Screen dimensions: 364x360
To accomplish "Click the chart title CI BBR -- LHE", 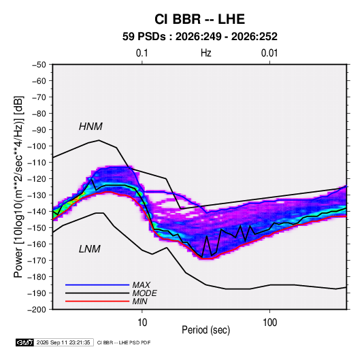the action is [199, 19].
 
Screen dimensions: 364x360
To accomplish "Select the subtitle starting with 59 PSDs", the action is [199, 37].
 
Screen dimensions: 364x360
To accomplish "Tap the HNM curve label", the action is [90, 127].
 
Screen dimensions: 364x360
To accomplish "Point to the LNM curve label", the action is [90, 249].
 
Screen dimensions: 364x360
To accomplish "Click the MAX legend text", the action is [141, 285].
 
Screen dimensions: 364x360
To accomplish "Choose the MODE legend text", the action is [144, 293].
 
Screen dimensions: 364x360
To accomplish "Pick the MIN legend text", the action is [139, 301].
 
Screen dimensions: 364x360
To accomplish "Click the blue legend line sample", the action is [97, 284].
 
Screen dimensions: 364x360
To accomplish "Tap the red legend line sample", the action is [97, 301].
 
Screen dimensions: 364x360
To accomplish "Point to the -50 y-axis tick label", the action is [39, 65].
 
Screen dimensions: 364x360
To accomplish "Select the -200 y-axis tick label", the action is [37, 310].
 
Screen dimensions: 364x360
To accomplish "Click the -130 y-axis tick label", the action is [37, 195].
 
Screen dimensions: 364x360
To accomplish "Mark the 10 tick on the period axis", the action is [142, 323].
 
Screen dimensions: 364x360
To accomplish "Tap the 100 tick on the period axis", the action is [269, 323].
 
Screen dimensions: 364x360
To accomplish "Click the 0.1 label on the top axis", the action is [142, 53].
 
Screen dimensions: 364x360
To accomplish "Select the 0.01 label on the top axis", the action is [269, 53].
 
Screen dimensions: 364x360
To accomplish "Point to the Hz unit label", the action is [206, 53].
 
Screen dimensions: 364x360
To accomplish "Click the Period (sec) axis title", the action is [206, 330].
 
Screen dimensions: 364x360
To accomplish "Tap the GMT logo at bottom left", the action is [25, 342].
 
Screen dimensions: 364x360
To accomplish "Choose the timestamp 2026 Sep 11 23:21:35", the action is [63, 342].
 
